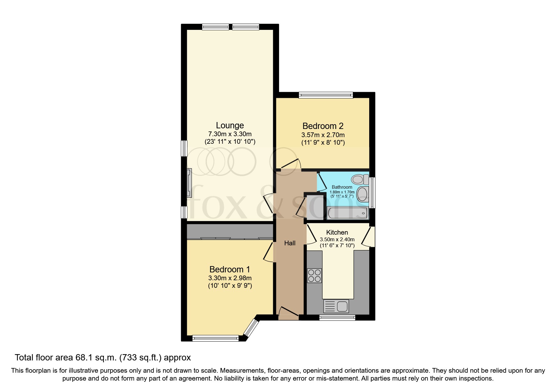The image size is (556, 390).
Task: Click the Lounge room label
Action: tap(230, 125)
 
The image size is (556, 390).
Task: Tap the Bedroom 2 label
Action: tap(323, 126)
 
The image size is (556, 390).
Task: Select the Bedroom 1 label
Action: tap(230, 270)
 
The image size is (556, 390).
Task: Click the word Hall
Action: tap(290, 243)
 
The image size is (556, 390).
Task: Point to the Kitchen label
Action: tap(337, 232)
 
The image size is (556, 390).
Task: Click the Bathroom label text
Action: tap(342, 187)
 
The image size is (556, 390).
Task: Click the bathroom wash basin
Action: tap(362, 194)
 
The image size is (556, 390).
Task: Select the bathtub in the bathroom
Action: tap(347, 213)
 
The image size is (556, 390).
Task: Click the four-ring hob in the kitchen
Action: tap(314, 276)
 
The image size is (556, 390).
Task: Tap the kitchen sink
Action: tap(336, 306)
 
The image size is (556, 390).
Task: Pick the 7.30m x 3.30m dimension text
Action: tap(230, 134)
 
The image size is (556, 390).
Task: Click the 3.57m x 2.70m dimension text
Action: tap(323, 135)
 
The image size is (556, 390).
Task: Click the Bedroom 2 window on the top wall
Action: tap(326, 95)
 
